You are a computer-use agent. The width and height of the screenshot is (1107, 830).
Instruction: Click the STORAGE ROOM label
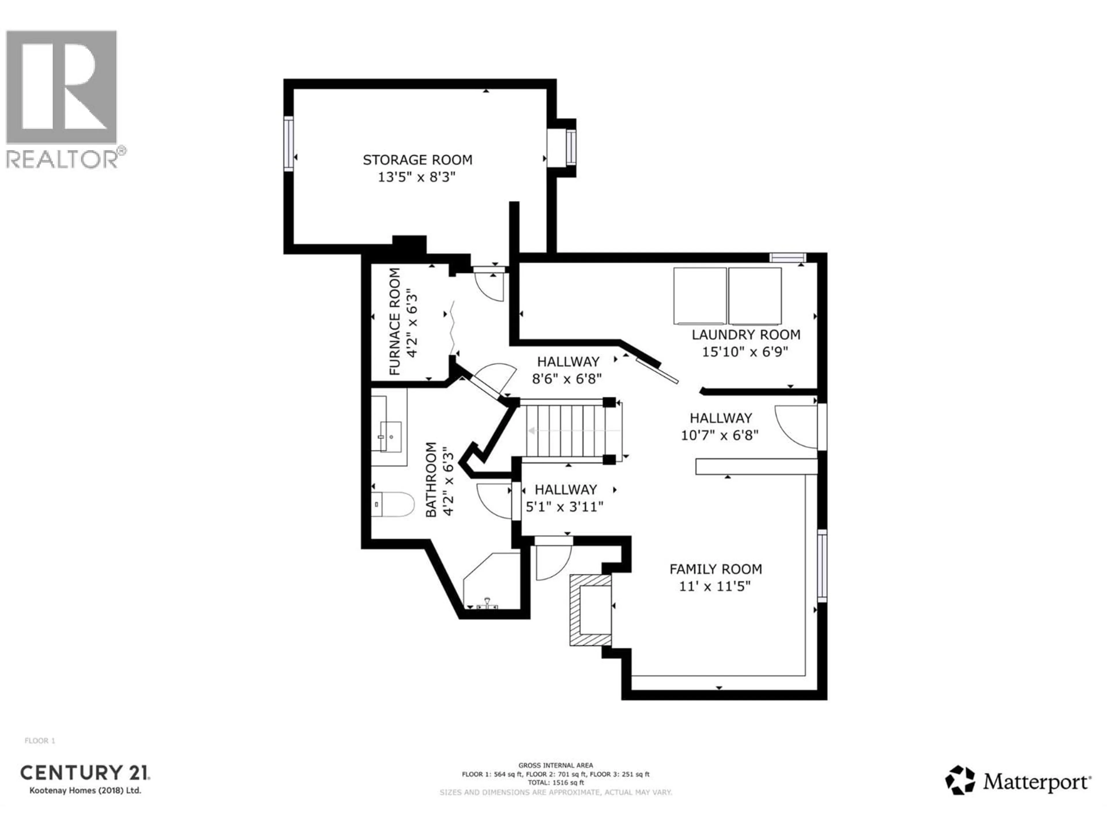[x=417, y=160]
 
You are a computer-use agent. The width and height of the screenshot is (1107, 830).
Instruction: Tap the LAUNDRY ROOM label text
[x=746, y=335]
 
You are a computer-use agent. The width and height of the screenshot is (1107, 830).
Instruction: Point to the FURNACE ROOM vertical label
[x=395, y=322]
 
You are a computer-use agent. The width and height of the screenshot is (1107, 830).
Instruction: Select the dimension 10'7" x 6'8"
[x=719, y=435]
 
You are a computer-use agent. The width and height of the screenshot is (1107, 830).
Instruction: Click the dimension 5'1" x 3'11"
[x=564, y=507]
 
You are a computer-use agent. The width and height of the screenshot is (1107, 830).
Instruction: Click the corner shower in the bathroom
[x=490, y=583]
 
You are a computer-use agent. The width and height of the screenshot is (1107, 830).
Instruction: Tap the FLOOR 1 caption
[x=39, y=741]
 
